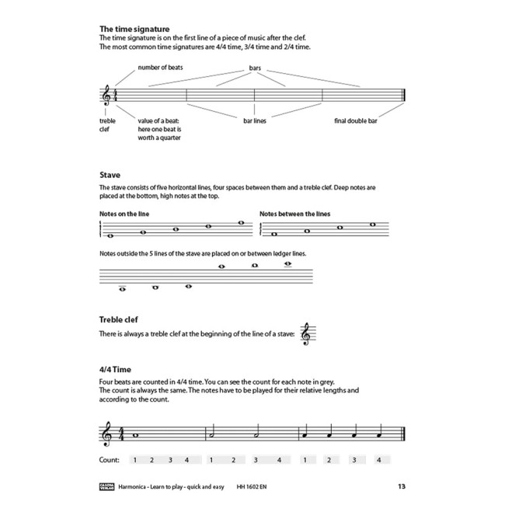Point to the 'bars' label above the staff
pyautogui.click(x=254, y=68)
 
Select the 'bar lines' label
pyautogui.click(x=254, y=122)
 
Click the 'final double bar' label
pyautogui.click(x=357, y=122)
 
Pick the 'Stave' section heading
pyautogui.click(x=110, y=176)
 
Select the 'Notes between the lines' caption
pyautogui.click(x=293, y=213)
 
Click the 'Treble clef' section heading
pyautogui.click(x=119, y=319)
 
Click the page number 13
pyautogui.click(x=400, y=487)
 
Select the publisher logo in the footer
pyautogui.click(x=108, y=487)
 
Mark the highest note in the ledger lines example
pyautogui.click(x=288, y=263)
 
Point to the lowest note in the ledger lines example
pyautogui.click(x=122, y=290)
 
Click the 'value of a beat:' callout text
pyautogui.click(x=159, y=122)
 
